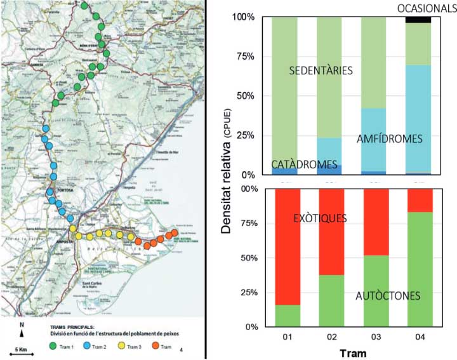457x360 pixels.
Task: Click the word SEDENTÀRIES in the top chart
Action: pos(321,70)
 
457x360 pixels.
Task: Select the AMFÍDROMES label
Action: pos(389,138)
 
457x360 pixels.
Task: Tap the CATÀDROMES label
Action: pos(304,164)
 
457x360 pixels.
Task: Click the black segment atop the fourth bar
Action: pos(418,20)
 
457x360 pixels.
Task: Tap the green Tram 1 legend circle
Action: pos(53,347)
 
